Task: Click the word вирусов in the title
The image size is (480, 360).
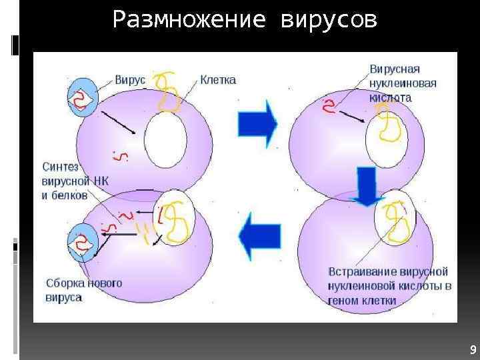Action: point(329,21)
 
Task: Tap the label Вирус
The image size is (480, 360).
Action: point(130,79)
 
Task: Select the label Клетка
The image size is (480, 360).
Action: point(218,79)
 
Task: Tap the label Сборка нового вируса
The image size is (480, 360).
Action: point(83,290)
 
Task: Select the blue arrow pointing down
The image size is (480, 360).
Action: point(364,187)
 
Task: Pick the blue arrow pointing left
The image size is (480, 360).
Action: point(259,235)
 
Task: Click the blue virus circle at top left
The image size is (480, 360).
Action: point(82,98)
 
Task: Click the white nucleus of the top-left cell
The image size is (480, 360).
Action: point(165,140)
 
